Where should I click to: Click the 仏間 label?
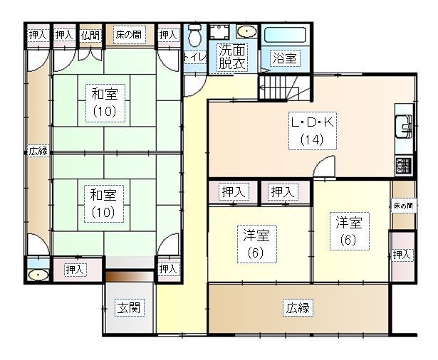pyautogui.click(x=90, y=34)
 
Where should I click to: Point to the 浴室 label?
pyautogui.click(x=284, y=58)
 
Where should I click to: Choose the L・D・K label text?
pyautogui.click(x=311, y=122)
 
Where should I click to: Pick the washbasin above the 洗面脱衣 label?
pyautogui.click(x=246, y=33)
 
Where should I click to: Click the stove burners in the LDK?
pyautogui.click(x=404, y=166)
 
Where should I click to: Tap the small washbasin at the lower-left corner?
pyautogui.click(x=37, y=273)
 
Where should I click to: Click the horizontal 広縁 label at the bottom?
pyautogui.click(x=299, y=308)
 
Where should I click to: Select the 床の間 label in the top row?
pyautogui.click(x=128, y=34)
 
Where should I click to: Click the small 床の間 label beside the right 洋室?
pyautogui.click(x=402, y=206)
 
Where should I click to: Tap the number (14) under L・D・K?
pyautogui.click(x=312, y=139)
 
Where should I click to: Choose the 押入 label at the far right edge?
pyautogui.click(x=402, y=255)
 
